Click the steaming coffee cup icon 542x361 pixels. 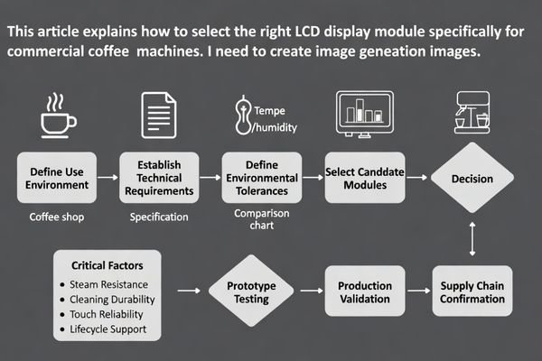(58, 115)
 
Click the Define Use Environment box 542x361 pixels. (57, 179)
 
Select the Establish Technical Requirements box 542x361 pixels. (160, 179)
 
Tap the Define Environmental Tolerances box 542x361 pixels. (262, 179)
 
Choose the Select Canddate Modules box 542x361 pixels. (364, 179)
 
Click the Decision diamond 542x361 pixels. (472, 179)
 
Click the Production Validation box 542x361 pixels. (364, 291)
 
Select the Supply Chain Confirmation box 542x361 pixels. (472, 291)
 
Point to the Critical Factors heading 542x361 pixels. (101, 264)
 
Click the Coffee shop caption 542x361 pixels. (56, 218)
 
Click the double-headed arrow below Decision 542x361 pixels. (472, 238)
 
